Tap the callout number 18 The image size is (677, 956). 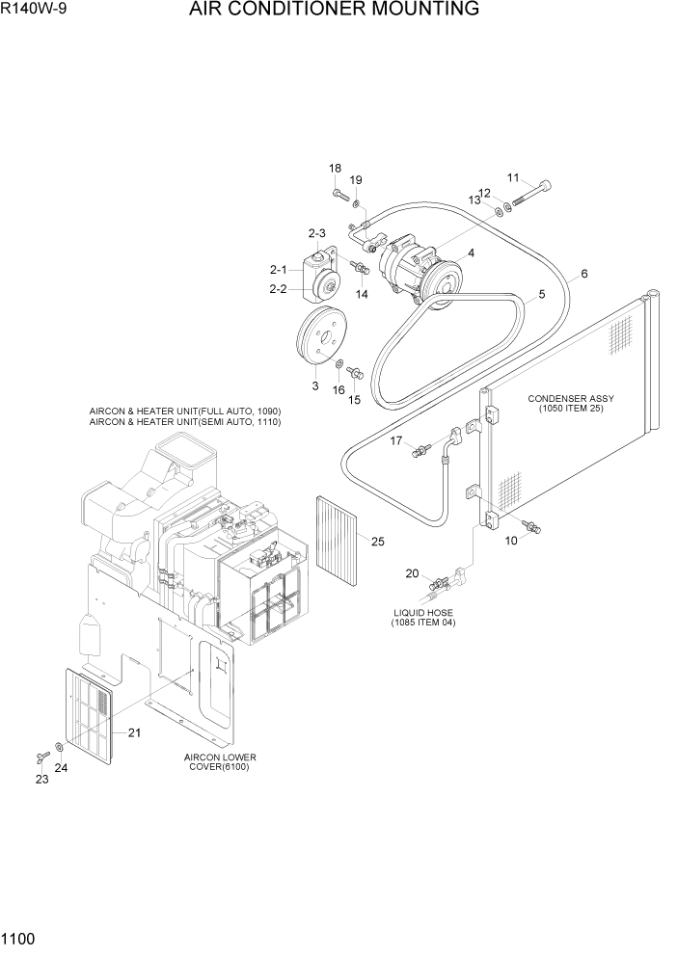335,169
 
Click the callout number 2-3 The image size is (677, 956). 317,233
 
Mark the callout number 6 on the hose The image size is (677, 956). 583,274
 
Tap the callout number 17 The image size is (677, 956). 395,440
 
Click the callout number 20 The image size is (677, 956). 412,573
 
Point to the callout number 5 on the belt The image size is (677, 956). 541,294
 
